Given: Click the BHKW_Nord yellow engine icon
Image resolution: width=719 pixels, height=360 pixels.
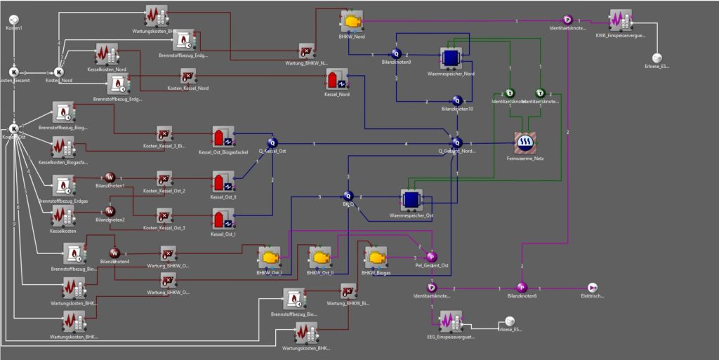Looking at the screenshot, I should coord(350,19).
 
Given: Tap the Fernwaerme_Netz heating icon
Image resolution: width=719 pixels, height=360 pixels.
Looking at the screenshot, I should coord(525,142).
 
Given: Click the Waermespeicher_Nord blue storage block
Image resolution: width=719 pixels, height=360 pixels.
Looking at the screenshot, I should coord(449,58).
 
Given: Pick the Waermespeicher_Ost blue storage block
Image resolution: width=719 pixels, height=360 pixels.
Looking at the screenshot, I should coord(411,200).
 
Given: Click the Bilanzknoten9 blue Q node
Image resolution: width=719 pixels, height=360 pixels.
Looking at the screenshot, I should coord(395,53).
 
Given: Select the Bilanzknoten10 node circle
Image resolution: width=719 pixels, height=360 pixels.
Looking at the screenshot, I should coord(457,101).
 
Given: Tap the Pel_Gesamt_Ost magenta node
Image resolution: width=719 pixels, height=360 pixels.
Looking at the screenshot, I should coord(432,256).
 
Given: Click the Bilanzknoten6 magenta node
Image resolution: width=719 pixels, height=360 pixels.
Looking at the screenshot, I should coord(522,287).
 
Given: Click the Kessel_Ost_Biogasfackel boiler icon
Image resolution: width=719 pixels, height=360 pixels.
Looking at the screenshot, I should coord(223,138).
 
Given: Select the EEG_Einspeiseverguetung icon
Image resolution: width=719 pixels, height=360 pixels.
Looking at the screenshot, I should coord(449,322).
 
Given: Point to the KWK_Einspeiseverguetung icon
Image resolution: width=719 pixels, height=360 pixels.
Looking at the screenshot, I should coord(620,20).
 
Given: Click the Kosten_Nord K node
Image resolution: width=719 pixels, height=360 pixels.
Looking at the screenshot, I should coord(59,72).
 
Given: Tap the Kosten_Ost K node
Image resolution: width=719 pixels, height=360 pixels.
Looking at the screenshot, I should coord(13,128).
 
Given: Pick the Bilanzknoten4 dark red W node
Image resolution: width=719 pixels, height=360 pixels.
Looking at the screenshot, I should coord(115,253).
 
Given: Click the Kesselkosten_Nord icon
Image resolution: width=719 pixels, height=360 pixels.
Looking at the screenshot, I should coord(107,55).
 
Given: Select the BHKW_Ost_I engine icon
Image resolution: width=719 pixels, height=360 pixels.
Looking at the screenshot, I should coord(269,258).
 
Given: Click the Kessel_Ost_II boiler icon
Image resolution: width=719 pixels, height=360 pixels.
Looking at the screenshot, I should coord(223,182).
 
